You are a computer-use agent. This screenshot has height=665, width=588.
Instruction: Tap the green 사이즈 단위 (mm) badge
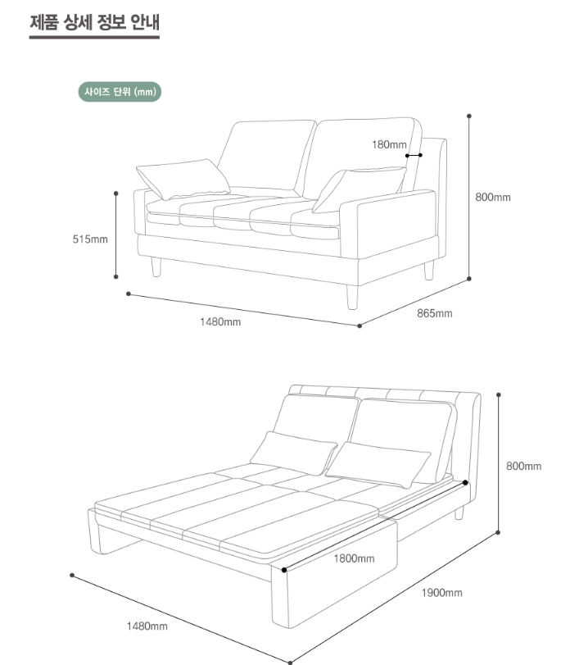point(120,92)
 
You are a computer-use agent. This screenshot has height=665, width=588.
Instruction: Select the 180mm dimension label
point(389,145)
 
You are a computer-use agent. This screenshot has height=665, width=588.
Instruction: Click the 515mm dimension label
point(90,239)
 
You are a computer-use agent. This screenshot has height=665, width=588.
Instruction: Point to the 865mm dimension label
point(434,313)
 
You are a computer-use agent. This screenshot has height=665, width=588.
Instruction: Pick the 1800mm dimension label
point(354,558)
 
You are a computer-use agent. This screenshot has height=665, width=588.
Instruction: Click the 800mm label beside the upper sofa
point(493,198)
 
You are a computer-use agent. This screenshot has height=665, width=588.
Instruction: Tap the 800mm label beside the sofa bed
point(524,466)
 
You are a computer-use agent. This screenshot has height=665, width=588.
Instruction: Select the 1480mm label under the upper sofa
point(220,321)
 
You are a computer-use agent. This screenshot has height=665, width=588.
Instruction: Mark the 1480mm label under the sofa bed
point(147,626)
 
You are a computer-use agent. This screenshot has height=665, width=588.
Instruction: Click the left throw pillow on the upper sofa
point(183,178)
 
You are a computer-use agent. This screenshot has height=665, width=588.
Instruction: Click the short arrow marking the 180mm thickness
point(414,155)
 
